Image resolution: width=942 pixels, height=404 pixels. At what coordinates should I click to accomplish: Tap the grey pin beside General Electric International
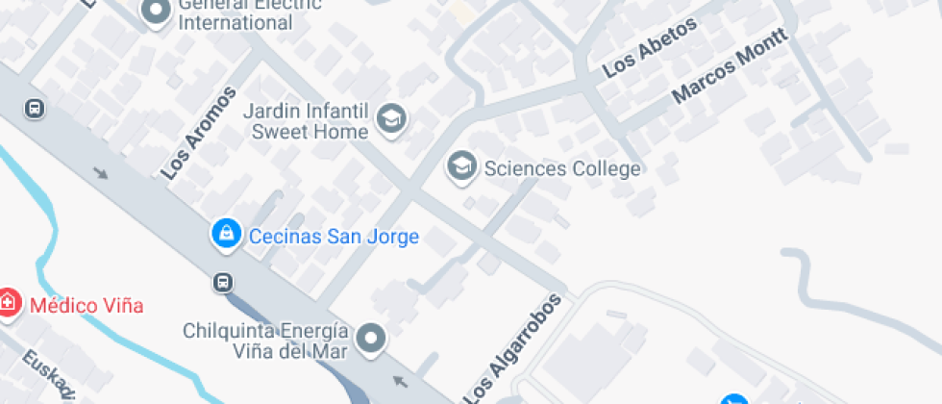pyautogui.click(x=155, y=12)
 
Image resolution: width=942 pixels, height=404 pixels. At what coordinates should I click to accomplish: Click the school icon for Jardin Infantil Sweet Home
pyautogui.click(x=392, y=119)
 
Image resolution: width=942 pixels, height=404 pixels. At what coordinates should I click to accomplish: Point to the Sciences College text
pyautogui.click(x=562, y=169)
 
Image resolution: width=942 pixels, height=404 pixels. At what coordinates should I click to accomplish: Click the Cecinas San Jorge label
pyautogui.click(x=334, y=237)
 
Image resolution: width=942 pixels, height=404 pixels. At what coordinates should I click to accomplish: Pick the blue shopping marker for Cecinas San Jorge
pyautogui.click(x=226, y=234)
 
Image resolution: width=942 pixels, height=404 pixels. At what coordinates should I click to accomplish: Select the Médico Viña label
pyautogui.click(x=87, y=306)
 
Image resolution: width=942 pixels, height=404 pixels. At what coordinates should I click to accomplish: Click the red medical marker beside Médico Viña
pyautogui.click(x=8, y=302)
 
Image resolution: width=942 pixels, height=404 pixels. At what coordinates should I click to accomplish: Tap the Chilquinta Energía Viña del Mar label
pyautogui.click(x=265, y=341)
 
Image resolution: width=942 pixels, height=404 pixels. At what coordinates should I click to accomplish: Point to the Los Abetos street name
pyautogui.click(x=649, y=49)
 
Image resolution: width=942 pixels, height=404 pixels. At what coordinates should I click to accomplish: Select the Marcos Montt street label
pyautogui.click(x=731, y=65)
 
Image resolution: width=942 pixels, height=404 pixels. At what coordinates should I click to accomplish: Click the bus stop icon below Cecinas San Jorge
pyautogui.click(x=223, y=283)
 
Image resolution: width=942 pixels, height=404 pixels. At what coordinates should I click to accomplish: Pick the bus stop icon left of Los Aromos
pyautogui.click(x=35, y=109)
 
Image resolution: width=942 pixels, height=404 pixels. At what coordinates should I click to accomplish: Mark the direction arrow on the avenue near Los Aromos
pyautogui.click(x=101, y=173)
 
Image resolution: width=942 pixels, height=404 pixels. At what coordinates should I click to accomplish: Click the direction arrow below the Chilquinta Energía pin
pyautogui.click(x=400, y=382)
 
